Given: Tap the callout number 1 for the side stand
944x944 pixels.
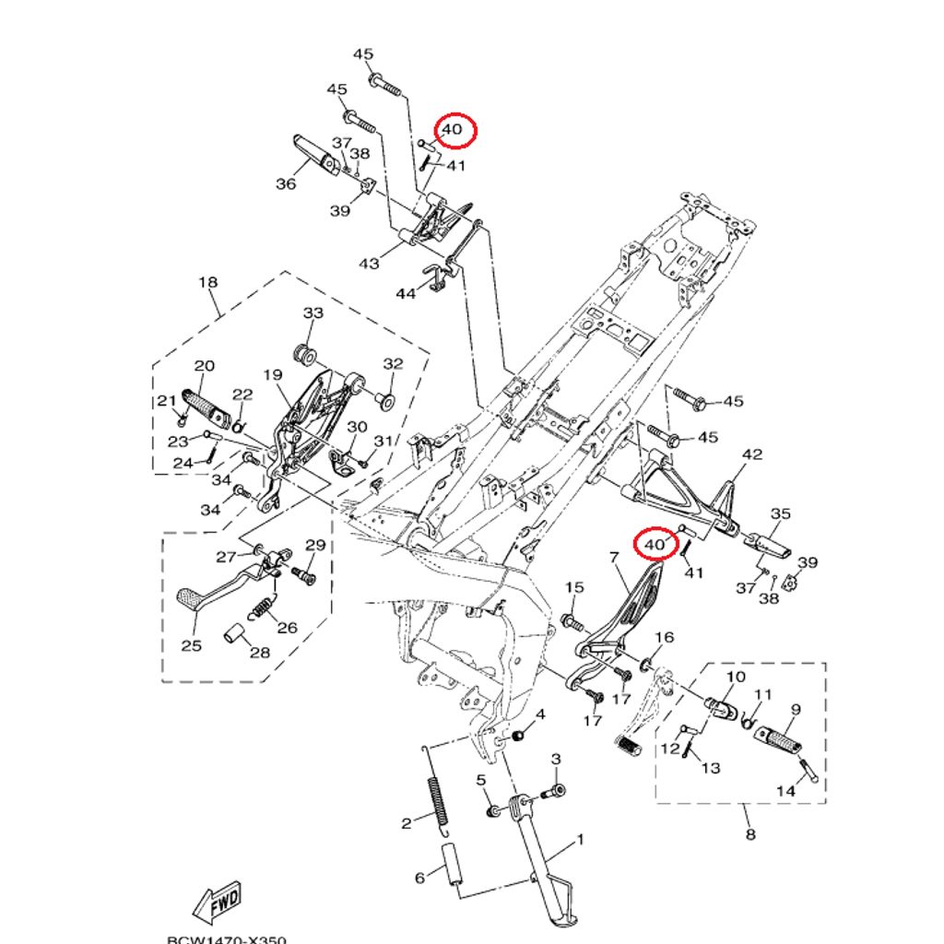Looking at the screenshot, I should pos(581,840).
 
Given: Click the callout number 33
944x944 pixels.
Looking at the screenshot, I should pos(313,313).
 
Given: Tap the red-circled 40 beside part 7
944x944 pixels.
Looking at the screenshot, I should pos(655,545).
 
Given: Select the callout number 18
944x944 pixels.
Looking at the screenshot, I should pos(208,282).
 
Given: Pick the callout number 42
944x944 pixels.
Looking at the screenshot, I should pos(752,454).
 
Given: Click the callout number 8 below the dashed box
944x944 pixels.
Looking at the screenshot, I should pos(749,834).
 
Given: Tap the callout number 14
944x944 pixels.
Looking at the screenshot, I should pos(785,790).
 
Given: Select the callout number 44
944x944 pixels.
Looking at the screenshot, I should pos(406,293).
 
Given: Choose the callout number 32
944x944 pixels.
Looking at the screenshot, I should pos(394,364).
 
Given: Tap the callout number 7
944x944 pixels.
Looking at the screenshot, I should pos(612,557).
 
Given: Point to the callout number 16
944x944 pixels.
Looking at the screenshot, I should pos(665,638).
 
